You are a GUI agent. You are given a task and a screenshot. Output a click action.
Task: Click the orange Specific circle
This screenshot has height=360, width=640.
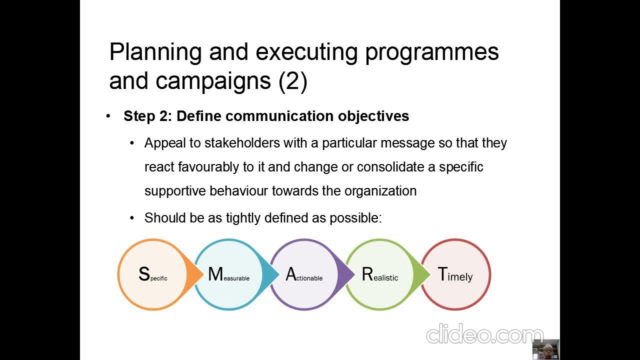click(152, 274)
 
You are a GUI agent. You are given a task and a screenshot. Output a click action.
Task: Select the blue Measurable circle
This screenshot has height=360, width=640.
click(228, 274)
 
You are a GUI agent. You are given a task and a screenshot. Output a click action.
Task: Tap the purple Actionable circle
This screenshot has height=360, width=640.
click(304, 274)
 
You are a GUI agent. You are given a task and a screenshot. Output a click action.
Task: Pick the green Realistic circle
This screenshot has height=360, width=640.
click(379, 274)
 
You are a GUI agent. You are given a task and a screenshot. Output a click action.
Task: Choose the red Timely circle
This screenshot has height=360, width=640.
click(455, 274)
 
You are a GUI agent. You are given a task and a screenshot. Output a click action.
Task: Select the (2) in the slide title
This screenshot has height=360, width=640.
click(293, 81)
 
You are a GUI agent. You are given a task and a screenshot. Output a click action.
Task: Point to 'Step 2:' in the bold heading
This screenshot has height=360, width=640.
click(148, 116)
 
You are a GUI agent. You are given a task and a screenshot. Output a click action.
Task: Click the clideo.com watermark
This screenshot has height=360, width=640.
click(484, 334)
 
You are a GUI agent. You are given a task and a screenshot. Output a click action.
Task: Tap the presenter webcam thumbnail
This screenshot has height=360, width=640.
click(545, 349)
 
